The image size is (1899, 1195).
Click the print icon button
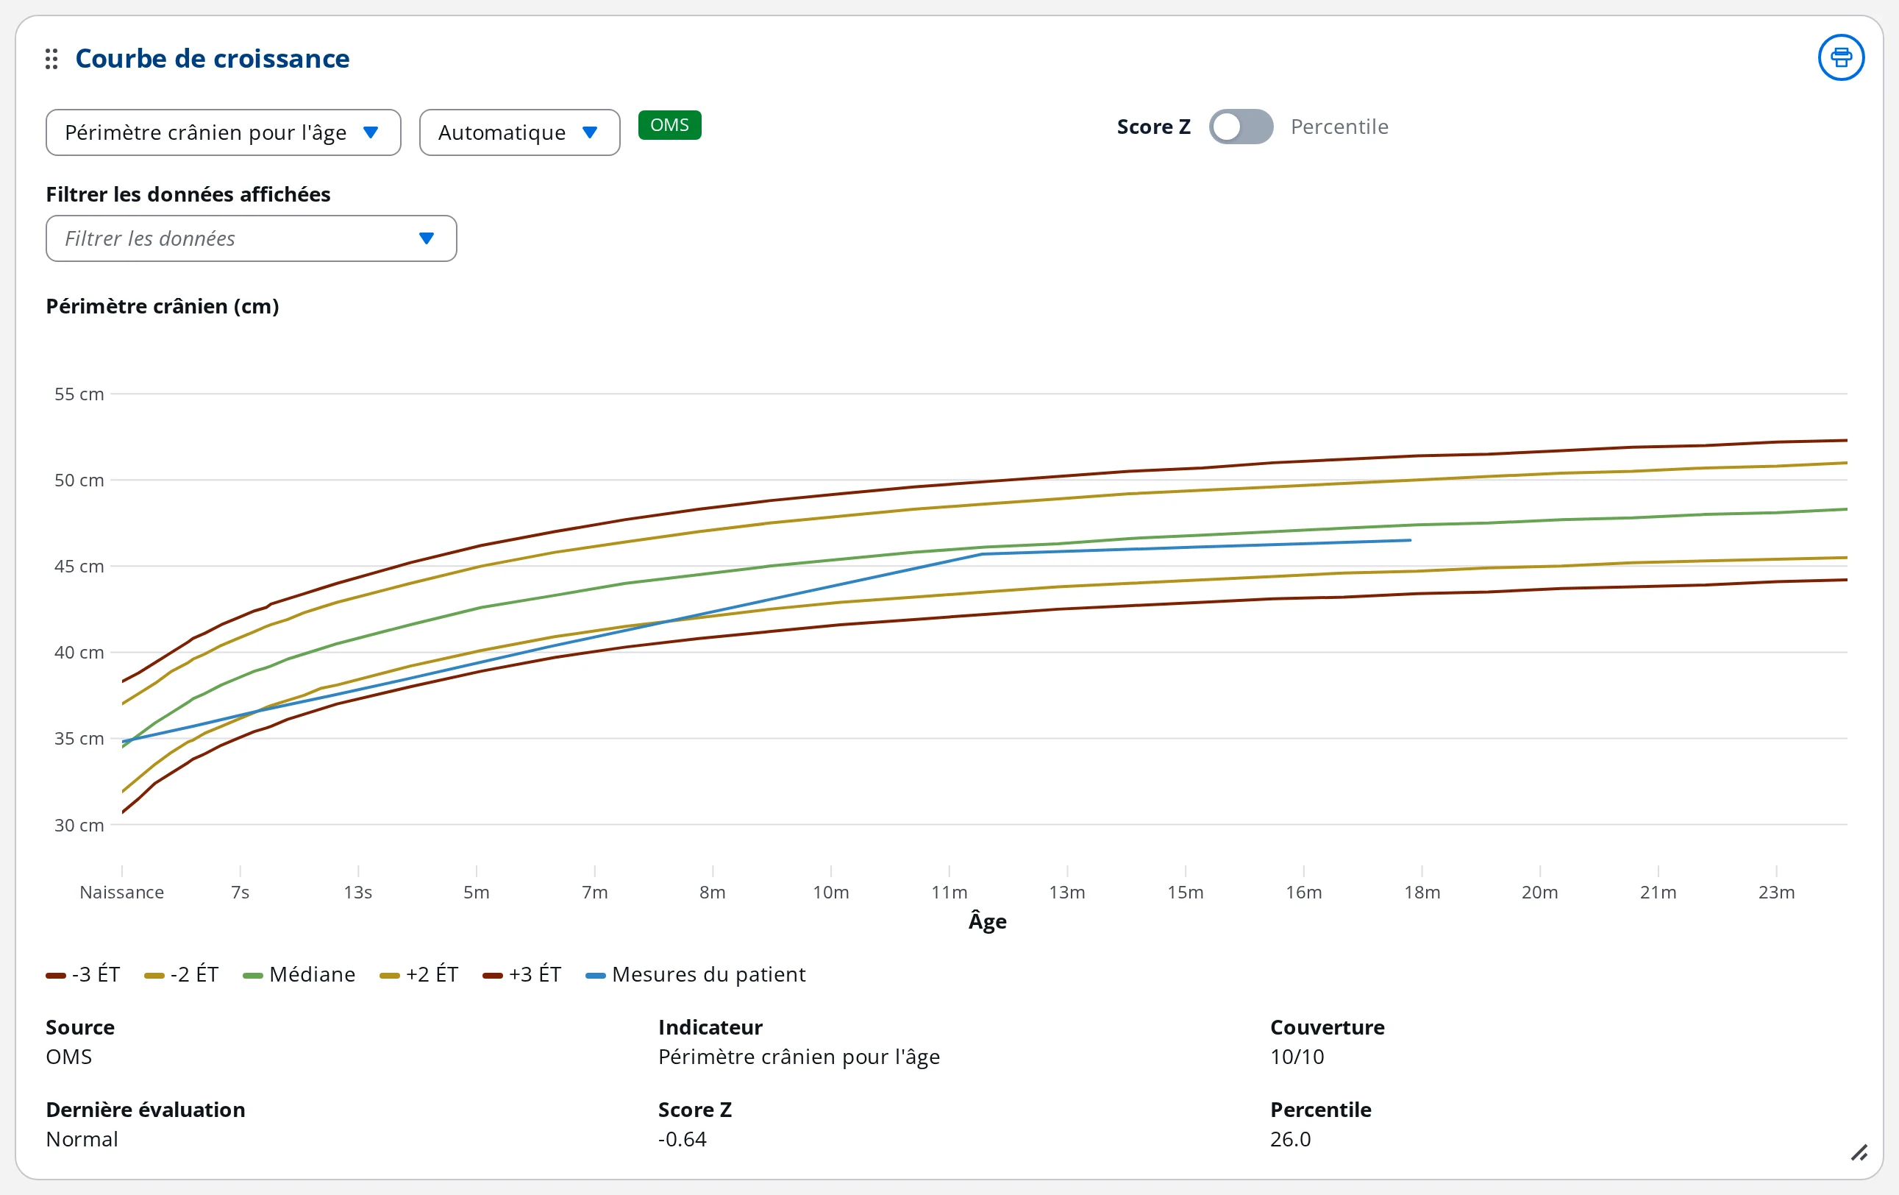point(1841,57)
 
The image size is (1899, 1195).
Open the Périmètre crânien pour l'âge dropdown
point(223,132)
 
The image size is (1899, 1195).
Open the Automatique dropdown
point(520,132)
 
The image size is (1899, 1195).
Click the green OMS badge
point(669,125)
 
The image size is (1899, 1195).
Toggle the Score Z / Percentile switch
point(1241,127)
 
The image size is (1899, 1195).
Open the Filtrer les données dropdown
point(252,238)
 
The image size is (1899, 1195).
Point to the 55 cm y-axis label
point(79,394)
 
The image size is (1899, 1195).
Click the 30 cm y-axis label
point(79,825)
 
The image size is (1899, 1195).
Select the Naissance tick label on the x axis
point(121,892)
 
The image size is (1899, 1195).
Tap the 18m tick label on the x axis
point(1422,892)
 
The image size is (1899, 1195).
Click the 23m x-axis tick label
point(1776,892)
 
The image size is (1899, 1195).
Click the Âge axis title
point(987,921)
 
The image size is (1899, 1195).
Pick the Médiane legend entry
point(299,975)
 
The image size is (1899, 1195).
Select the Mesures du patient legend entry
point(696,975)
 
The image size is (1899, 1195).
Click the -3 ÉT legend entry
point(83,975)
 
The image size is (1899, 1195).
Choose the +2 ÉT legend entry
point(418,975)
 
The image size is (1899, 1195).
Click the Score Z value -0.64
point(683,1139)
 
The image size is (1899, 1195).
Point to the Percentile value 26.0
point(1290,1139)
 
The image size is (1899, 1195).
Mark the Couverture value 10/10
point(1297,1057)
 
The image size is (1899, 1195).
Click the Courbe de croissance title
point(212,58)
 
